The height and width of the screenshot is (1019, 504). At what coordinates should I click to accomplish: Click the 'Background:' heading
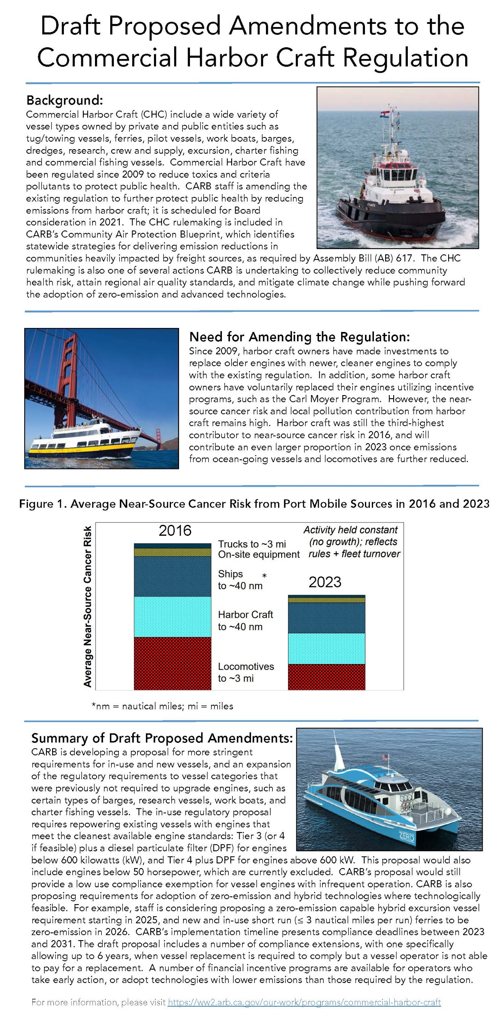point(65,100)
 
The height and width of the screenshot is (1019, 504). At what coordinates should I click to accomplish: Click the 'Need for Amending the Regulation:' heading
point(299,337)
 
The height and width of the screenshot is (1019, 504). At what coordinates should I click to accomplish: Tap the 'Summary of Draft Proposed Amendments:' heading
point(162,738)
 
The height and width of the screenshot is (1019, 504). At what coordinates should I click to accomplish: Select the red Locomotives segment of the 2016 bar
point(173,663)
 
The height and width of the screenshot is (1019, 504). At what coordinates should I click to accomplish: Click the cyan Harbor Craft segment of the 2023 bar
point(326,648)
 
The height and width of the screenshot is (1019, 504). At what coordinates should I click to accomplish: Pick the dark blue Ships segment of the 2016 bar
point(173,576)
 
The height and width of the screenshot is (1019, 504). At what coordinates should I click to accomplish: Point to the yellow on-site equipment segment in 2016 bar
point(173,552)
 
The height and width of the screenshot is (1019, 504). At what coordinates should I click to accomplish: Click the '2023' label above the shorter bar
point(325,582)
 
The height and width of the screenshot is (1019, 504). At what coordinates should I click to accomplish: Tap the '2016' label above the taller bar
point(175,531)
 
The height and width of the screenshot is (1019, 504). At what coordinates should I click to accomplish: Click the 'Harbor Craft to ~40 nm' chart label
point(246,621)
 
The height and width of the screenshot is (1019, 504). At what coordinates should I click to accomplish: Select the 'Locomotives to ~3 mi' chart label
point(246,672)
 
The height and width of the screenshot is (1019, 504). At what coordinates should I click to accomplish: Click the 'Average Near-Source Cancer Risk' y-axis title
point(88,607)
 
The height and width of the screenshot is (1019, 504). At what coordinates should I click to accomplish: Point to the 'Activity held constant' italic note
point(351,530)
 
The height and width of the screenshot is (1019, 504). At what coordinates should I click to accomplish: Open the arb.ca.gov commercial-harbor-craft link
point(304,1002)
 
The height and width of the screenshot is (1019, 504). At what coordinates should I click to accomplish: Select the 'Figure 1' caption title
point(254,504)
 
